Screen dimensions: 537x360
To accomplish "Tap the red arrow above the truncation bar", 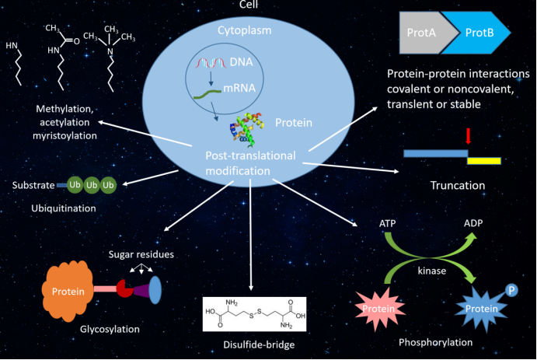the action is (x=468, y=136).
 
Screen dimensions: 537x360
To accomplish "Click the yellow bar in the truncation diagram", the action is (x=484, y=161).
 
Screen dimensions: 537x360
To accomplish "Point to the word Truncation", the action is (x=458, y=185).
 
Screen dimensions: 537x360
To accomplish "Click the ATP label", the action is (x=387, y=224).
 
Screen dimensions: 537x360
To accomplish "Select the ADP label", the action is (x=473, y=223).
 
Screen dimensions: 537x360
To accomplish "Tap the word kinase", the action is (x=432, y=271).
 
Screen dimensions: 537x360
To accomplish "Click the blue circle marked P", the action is (x=511, y=291).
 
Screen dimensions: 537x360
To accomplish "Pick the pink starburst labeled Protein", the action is (x=379, y=309).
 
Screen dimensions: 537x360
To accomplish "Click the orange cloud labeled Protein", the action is (x=68, y=291).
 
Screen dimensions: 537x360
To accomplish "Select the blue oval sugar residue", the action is (x=155, y=290).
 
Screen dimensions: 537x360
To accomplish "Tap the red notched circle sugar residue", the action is (x=125, y=288).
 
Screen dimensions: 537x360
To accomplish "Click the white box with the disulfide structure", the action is (x=254, y=314).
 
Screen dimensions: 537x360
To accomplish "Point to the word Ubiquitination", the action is (x=64, y=208).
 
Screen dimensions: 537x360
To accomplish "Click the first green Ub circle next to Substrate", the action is (x=75, y=185).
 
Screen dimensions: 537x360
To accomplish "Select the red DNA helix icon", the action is (x=211, y=63).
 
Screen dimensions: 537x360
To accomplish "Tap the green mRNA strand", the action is (x=207, y=94).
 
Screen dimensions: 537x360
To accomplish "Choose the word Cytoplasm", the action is (x=245, y=30).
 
